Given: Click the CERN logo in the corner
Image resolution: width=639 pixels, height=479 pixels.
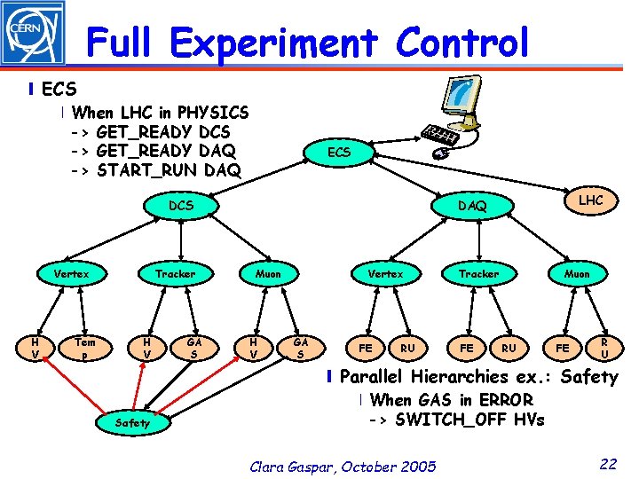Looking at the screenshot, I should click(x=33, y=34).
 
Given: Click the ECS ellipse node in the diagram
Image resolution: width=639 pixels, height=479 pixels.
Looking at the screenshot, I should click(x=338, y=153).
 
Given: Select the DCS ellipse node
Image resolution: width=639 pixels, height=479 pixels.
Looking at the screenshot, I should click(x=181, y=205).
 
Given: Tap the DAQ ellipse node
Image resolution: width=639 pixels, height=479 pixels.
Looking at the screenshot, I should click(x=472, y=206).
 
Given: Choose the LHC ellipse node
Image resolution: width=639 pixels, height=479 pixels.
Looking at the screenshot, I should click(x=590, y=200).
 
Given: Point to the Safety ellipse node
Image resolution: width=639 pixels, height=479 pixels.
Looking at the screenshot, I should click(x=133, y=423).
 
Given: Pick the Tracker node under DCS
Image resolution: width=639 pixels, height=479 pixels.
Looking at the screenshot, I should click(x=175, y=274).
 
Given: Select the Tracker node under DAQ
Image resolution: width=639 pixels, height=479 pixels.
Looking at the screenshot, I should click(x=478, y=274).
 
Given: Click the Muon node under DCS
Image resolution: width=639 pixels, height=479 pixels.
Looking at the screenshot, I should click(x=268, y=274).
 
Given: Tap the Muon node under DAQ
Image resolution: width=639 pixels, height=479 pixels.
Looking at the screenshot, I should click(x=577, y=274).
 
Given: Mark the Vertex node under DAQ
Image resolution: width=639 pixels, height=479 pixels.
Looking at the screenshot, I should click(x=386, y=274).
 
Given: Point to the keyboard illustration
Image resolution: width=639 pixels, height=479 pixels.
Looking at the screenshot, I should click(x=441, y=134).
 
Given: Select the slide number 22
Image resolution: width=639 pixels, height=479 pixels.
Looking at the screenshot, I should click(x=607, y=462).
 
